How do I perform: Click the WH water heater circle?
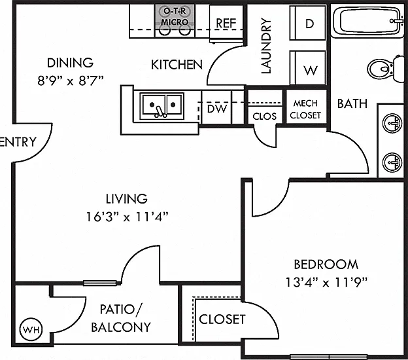coord(31,329)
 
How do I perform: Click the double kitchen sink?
coord(161,106)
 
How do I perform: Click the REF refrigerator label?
coord(226,23)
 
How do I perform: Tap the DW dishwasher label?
coord(217,109)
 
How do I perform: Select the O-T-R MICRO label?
coord(175,16)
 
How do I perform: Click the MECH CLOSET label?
coord(305,109)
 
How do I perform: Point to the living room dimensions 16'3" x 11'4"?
coord(127,217)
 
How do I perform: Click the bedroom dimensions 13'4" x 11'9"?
coord(326,282)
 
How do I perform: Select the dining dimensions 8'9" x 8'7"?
coord(71,81)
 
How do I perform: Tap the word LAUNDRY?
coord(266,46)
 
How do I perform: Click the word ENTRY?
coord(18,142)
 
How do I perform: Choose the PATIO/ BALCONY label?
coord(121,318)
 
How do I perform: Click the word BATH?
coord(352,103)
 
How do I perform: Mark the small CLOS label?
coord(264,116)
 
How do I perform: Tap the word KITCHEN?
coord(177,65)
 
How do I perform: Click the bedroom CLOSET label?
coord(222,319)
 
